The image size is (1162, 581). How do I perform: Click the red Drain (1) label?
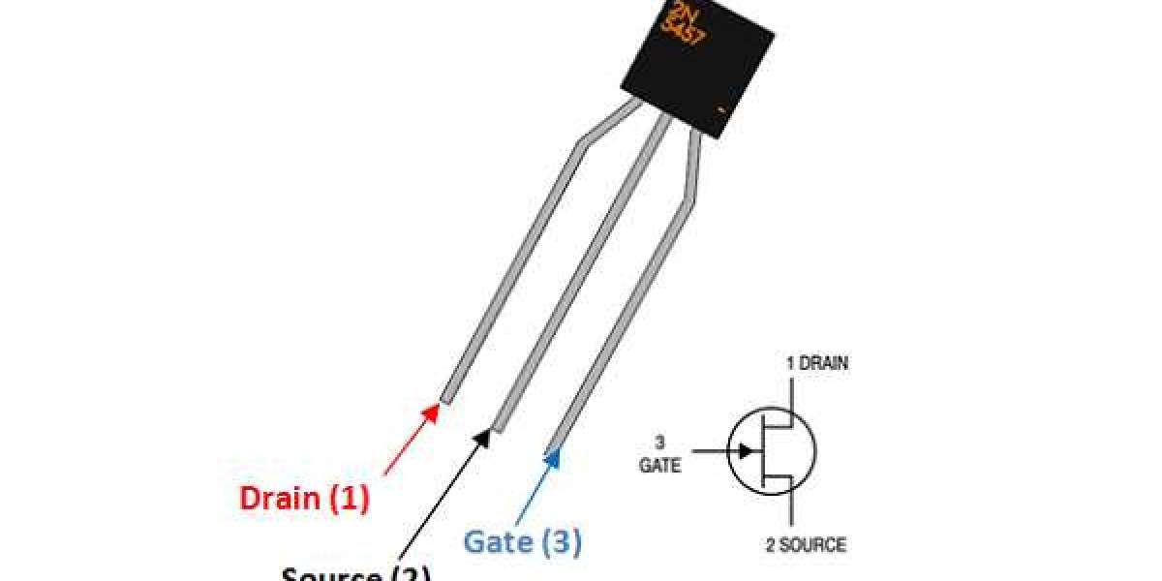click(x=304, y=499)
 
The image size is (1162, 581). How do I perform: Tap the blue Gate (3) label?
click(x=523, y=541)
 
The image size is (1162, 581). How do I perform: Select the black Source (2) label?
click(x=356, y=573)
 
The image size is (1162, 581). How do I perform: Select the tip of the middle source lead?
click(x=500, y=426)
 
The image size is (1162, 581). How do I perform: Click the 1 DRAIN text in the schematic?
click(x=817, y=364)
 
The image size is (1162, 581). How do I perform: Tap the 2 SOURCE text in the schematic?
click(x=806, y=544)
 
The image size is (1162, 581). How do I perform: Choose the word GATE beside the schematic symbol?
click(x=659, y=466)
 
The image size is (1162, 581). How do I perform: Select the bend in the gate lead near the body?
click(x=689, y=199)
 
